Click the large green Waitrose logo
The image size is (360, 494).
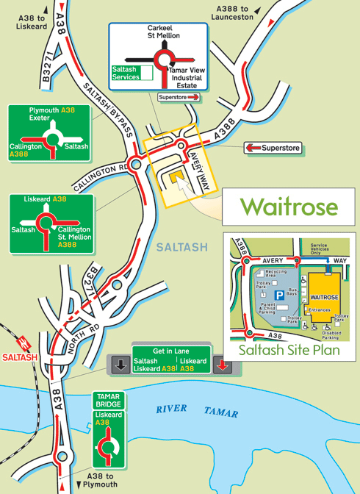(289, 206)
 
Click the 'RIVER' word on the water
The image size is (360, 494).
(171, 408)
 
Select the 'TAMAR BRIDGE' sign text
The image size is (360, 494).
(109, 400)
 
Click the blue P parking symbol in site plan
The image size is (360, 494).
(280, 295)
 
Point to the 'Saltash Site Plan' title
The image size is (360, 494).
(289, 350)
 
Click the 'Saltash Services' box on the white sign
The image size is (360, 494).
(126, 72)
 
